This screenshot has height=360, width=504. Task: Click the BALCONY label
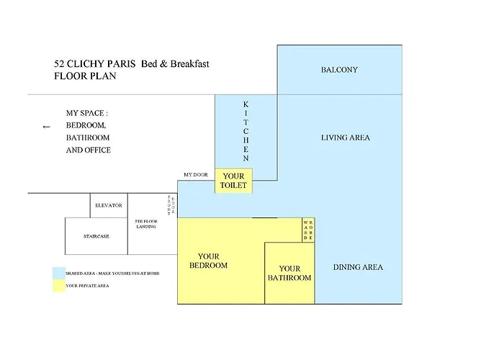click(339, 70)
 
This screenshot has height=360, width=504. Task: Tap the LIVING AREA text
click(346, 138)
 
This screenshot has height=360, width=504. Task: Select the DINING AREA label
click(358, 267)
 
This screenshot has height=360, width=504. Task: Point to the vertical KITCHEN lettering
click(246, 131)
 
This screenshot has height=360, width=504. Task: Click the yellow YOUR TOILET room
click(233, 181)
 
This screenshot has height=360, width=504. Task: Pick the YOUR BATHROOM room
click(289, 273)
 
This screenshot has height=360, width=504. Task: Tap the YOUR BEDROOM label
click(209, 261)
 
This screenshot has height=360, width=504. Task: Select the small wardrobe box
click(308, 230)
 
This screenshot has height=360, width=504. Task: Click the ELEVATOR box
click(109, 205)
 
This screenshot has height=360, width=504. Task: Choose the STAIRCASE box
click(96, 236)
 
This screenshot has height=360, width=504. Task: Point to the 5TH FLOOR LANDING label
click(146, 224)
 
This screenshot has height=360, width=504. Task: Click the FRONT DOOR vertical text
click(171, 205)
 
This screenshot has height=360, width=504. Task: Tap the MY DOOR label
click(196, 174)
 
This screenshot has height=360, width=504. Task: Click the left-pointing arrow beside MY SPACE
click(46, 127)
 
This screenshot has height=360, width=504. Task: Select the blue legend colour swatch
click(59, 273)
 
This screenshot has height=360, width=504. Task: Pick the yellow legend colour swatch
click(59, 285)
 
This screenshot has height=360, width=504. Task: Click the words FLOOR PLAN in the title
click(85, 76)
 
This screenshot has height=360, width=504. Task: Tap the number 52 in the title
click(59, 63)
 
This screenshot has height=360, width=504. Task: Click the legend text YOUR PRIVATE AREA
click(87, 285)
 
